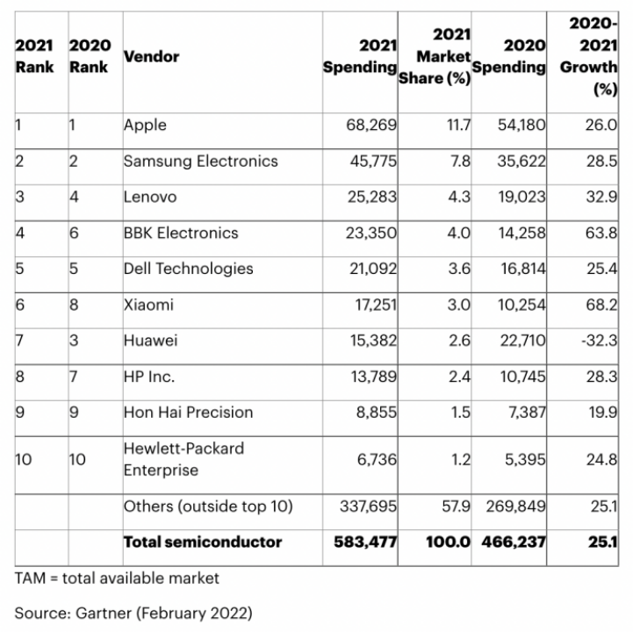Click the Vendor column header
click(x=151, y=57)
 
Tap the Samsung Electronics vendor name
click(x=200, y=162)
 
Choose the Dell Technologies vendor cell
click(x=188, y=269)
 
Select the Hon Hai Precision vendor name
click(x=188, y=413)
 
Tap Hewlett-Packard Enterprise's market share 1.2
click(x=460, y=458)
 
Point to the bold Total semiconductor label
click(x=203, y=542)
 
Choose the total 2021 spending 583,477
click(x=365, y=542)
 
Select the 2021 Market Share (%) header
click(x=435, y=57)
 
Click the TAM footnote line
click(x=117, y=578)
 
